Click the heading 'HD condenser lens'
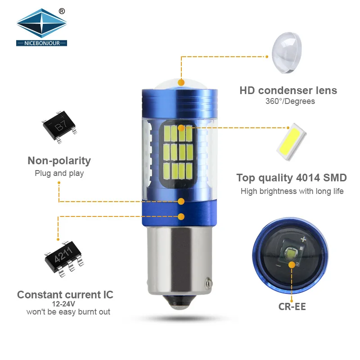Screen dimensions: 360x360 click(288, 90)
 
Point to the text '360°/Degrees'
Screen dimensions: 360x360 click(290, 101)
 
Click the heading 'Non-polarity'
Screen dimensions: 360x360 click(59, 161)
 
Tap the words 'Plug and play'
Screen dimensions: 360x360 click(59, 173)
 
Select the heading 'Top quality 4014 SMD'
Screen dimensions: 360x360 click(292, 177)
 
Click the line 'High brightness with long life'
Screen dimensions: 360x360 click(292, 191)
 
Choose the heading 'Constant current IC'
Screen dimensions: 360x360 click(65, 295)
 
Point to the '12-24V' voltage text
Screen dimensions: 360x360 click(65, 304)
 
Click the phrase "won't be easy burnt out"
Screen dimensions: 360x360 click(68, 312)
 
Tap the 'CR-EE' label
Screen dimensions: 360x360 click(292, 307)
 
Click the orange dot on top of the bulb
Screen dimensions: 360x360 click(181, 82)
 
